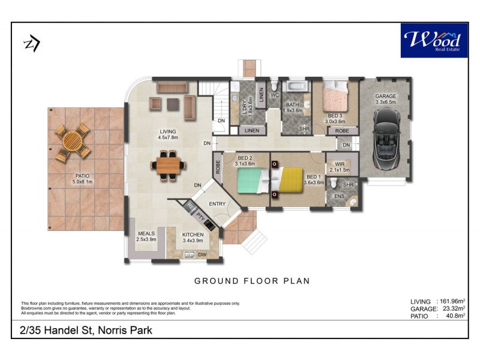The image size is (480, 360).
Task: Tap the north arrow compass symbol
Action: click(31, 44)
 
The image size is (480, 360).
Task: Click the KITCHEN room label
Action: click(193, 235)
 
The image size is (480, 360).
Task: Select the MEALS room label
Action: click(147, 234)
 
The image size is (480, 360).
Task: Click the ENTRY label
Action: click(217, 204)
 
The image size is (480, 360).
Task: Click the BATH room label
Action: click(293, 105)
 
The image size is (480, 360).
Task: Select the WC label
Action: click(275, 95)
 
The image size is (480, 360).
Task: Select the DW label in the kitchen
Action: click(203, 255)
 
